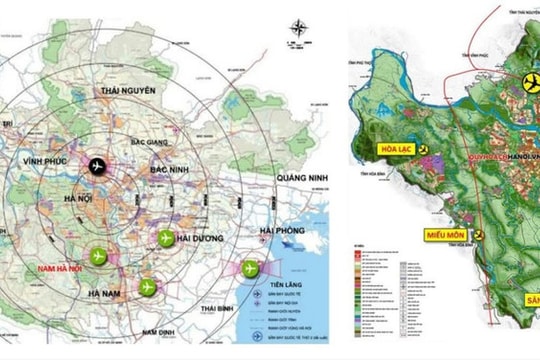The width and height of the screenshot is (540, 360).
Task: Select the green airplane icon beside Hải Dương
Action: point(166,238)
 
